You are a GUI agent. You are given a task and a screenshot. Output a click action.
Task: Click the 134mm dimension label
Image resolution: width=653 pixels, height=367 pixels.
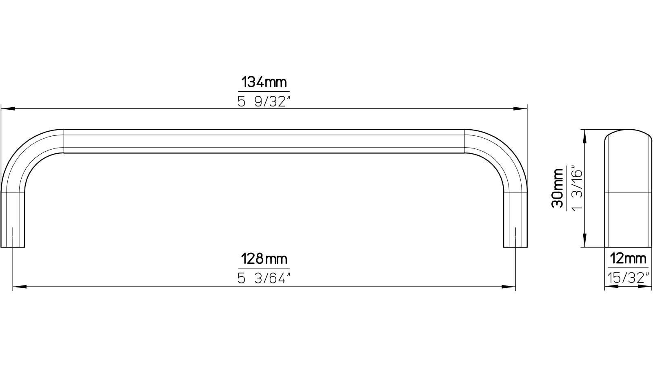(264, 83)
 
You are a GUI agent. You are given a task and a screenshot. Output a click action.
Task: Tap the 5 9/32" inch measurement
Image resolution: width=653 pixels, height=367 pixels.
(264, 101)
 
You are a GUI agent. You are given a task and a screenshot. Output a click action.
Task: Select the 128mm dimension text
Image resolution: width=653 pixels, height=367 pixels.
(264, 259)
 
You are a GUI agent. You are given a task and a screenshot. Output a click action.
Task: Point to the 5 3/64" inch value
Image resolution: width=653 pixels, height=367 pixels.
(264, 278)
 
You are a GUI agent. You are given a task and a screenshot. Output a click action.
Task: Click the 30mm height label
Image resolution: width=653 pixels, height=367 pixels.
(557, 188)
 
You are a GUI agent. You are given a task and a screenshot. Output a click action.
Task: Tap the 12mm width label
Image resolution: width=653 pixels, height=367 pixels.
(628, 259)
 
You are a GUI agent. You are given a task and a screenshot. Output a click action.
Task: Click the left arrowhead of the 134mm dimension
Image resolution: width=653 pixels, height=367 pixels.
(8, 109)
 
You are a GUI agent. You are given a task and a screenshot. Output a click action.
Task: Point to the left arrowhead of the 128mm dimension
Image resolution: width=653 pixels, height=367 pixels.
(20, 287)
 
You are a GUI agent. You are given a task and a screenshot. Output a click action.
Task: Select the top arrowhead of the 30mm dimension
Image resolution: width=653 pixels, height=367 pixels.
(586, 136)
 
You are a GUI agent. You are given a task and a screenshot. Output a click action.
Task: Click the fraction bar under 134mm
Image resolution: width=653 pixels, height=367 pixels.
(264, 92)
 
